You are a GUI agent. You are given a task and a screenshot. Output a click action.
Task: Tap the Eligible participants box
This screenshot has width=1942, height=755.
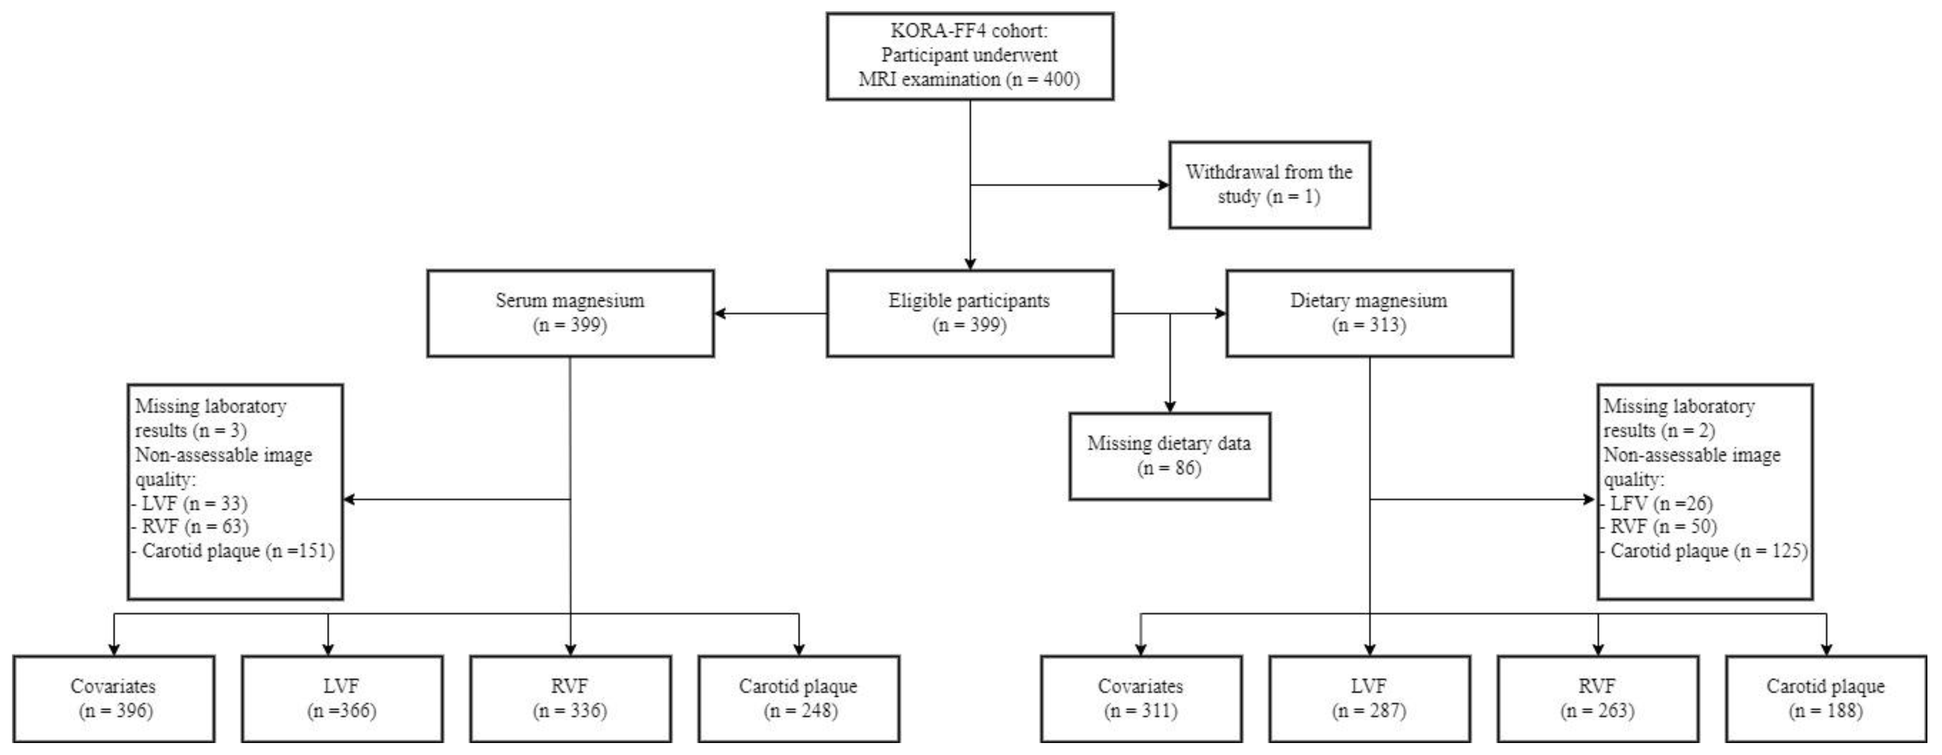coord(970,313)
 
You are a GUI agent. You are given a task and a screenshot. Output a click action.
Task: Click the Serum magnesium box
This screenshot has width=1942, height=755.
coord(570,313)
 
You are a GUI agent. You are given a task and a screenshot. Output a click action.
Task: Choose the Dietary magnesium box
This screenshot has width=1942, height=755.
coord(1369,313)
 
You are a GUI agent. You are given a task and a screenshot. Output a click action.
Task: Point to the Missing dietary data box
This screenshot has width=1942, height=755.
coord(1169,456)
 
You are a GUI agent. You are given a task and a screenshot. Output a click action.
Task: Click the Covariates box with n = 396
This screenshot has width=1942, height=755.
coord(114,699)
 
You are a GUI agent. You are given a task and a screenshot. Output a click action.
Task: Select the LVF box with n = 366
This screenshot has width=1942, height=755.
coord(342,699)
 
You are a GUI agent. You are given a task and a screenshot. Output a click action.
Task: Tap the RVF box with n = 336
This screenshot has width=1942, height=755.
coord(570,699)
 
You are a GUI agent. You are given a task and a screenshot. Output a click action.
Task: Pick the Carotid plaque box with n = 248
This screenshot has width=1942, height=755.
coord(798,699)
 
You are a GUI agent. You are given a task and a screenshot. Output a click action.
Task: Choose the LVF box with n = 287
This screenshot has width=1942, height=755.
coord(1369,699)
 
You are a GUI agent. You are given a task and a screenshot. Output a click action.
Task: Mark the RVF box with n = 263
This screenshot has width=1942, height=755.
coord(1598,699)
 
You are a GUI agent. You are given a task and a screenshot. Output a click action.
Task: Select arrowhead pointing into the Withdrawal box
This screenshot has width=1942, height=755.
coord(1163,185)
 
